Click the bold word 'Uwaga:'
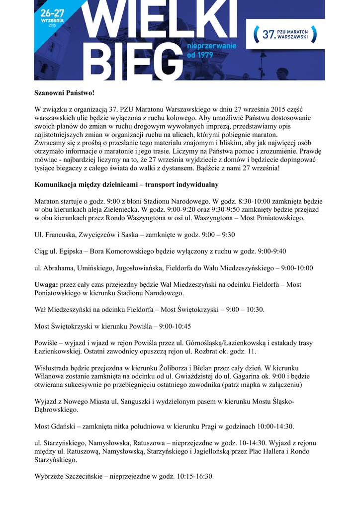[x=46, y=284]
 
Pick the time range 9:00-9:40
[x=272, y=251]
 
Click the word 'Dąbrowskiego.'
[x=56, y=410]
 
